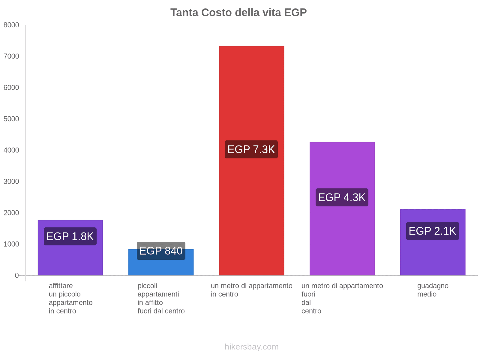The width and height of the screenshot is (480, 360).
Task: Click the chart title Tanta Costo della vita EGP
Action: tap(238, 13)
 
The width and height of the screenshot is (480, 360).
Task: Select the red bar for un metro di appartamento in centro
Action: tap(251, 90)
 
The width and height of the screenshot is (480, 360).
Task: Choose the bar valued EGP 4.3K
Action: tap(342, 240)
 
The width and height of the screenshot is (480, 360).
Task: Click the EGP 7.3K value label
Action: tap(251, 149)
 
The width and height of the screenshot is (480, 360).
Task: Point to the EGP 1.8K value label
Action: tap(70, 236)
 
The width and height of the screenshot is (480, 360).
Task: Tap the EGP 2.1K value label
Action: tap(433, 231)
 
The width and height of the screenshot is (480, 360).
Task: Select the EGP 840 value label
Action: tap(161, 251)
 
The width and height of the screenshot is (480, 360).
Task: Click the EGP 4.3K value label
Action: tap(342, 197)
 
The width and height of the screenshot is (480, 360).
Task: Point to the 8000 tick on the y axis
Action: tap(11, 25)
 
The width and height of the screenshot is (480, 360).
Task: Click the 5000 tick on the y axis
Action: tap(11, 119)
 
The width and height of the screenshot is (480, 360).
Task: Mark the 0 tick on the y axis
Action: tap(17, 275)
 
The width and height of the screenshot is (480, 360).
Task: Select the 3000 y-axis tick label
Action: tap(11, 181)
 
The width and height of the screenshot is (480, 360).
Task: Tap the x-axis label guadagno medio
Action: tap(433, 290)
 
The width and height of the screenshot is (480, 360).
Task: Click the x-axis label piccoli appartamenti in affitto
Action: tap(161, 298)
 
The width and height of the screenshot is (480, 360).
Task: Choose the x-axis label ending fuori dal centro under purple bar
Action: tap(342, 298)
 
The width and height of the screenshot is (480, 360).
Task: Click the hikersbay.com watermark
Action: tap(251, 347)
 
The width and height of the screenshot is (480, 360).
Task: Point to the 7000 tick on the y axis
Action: tap(11, 56)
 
